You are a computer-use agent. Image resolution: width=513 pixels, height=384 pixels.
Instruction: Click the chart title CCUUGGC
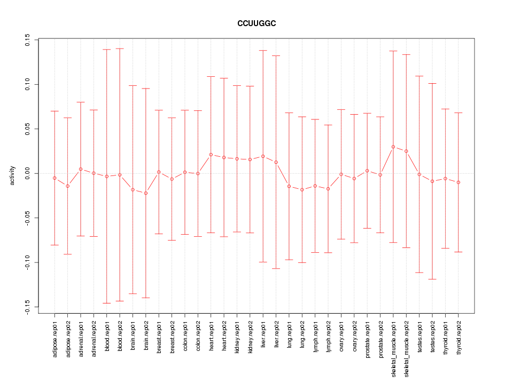coord(256,23)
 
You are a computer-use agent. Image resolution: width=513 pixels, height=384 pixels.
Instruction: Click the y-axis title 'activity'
coord(12,175)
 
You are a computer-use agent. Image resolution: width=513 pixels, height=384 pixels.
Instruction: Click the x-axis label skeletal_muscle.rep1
coord(394,347)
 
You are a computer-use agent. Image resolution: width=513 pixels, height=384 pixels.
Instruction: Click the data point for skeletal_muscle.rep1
coord(393,147)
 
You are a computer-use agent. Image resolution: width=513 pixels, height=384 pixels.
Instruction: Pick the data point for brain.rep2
coord(146,193)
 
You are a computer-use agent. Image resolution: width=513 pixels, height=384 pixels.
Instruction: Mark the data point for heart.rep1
coord(211,155)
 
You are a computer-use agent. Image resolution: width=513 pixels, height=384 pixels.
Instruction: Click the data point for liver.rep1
coord(263,156)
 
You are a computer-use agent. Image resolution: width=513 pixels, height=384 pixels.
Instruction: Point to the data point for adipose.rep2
coord(68,186)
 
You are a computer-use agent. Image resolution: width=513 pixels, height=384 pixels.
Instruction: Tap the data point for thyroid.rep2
coord(458,182)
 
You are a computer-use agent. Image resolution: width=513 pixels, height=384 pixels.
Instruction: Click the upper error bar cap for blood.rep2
coord(120,49)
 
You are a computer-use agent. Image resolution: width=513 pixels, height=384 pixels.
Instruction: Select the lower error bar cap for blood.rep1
coord(107,303)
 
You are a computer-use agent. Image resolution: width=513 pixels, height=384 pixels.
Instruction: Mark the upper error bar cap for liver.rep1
coord(263,51)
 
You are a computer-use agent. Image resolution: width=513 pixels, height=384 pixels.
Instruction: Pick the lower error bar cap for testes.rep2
coord(432,279)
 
